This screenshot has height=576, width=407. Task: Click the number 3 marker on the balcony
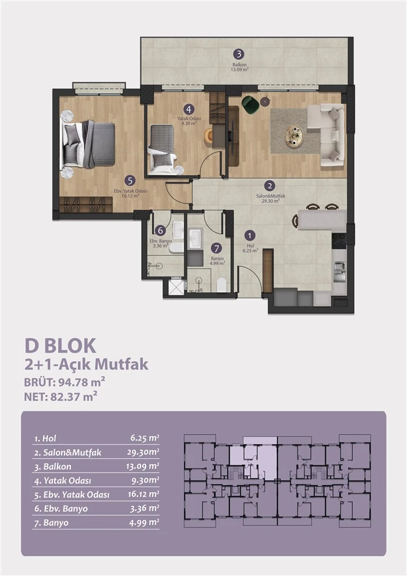(x=238, y=54)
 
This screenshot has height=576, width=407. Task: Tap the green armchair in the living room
(x=250, y=104)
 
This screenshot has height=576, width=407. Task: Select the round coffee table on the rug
(x=294, y=137)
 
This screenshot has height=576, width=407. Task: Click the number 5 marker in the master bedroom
(x=130, y=181)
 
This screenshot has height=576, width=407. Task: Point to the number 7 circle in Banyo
(x=216, y=249)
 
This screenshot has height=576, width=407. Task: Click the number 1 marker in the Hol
(x=250, y=236)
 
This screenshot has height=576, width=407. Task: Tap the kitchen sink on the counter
(x=339, y=272)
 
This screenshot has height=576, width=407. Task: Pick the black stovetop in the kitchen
(x=338, y=241)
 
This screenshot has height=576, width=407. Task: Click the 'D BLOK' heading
(x=60, y=346)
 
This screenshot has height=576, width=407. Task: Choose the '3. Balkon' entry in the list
(x=53, y=467)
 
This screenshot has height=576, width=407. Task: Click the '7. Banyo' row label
(x=51, y=523)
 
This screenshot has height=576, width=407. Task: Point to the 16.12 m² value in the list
(x=143, y=494)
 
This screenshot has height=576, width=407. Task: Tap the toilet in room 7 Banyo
(x=221, y=285)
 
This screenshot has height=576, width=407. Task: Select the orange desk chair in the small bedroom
(x=209, y=135)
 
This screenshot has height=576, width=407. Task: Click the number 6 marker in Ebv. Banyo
(x=159, y=231)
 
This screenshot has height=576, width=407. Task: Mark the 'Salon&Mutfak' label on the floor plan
(x=271, y=196)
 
